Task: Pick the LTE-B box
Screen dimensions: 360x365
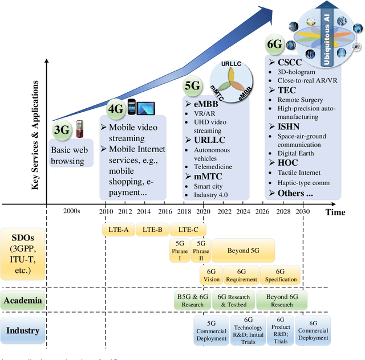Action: pyautogui.click(x=152, y=230)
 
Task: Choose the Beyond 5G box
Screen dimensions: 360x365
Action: pyautogui.click(x=243, y=251)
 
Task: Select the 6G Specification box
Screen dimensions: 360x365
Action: pyautogui.click(x=280, y=275)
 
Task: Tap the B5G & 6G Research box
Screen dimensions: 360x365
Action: pyautogui.click(x=192, y=300)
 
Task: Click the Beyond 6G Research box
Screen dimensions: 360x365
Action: pyautogui.click(x=281, y=300)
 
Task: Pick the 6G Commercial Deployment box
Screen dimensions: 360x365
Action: pyautogui.click(x=313, y=330)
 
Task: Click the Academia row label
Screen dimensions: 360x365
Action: pyautogui.click(x=23, y=300)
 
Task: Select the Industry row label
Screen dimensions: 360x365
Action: pyautogui.click(x=23, y=330)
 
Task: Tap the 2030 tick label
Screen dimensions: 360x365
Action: pyautogui.click(x=302, y=212)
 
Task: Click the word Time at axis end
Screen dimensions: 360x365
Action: pyautogui.click(x=335, y=211)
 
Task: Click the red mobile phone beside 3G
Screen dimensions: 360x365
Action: pyautogui.click(x=80, y=130)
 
